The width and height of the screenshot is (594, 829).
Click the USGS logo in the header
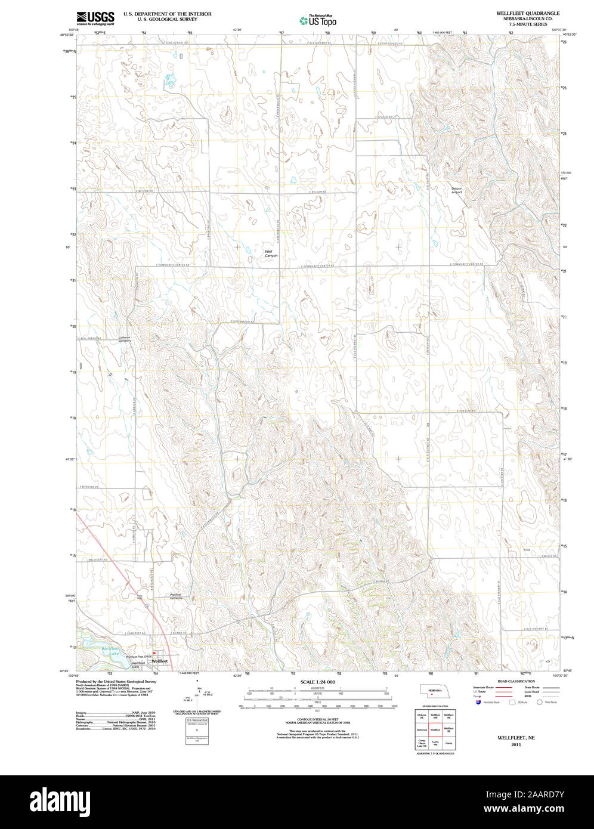(95, 17)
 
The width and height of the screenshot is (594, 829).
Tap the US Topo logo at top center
(318, 20)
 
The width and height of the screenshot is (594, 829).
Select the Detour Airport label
(457, 190)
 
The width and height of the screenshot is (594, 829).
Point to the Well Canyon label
(271, 253)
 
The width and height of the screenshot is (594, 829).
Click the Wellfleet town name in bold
(159, 661)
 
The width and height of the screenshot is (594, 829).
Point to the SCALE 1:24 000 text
(317, 682)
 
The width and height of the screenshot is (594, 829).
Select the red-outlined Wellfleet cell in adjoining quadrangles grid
(435, 729)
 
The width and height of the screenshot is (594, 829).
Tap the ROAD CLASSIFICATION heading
(516, 681)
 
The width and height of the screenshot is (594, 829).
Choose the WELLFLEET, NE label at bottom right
(516, 738)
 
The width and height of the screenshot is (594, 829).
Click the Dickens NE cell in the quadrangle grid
(422, 715)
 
